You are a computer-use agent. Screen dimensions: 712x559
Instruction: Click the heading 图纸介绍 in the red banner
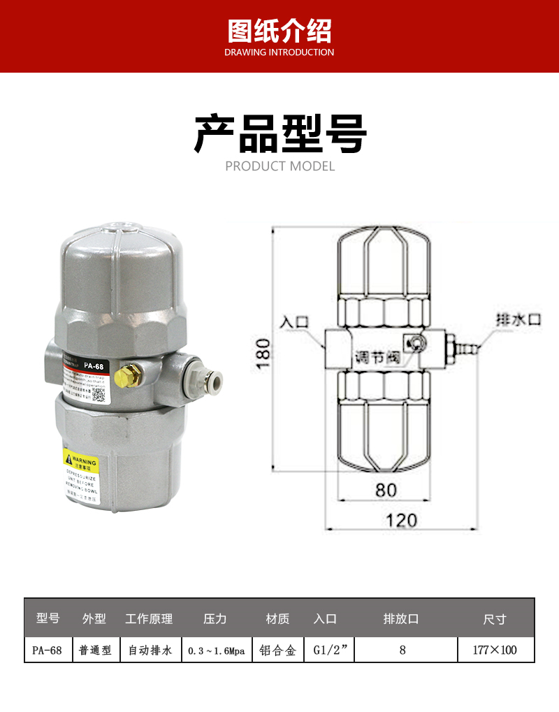[x=279, y=31]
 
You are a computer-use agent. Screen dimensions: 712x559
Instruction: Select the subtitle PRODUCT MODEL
[x=279, y=166]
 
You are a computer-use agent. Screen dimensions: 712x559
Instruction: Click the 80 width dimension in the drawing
[x=386, y=490]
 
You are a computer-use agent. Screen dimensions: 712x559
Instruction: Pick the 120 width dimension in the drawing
[x=401, y=520]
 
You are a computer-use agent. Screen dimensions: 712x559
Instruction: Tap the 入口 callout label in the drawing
[x=293, y=323]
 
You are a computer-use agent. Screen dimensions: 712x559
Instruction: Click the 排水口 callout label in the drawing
[x=518, y=320]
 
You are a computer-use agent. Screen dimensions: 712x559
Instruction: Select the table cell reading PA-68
[x=48, y=650]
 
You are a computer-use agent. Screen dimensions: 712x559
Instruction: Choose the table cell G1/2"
[x=333, y=650]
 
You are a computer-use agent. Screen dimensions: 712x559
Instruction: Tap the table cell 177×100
[x=495, y=650]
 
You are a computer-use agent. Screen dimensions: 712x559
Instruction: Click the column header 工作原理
[x=149, y=619]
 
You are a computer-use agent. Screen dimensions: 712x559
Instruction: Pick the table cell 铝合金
[x=277, y=650]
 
